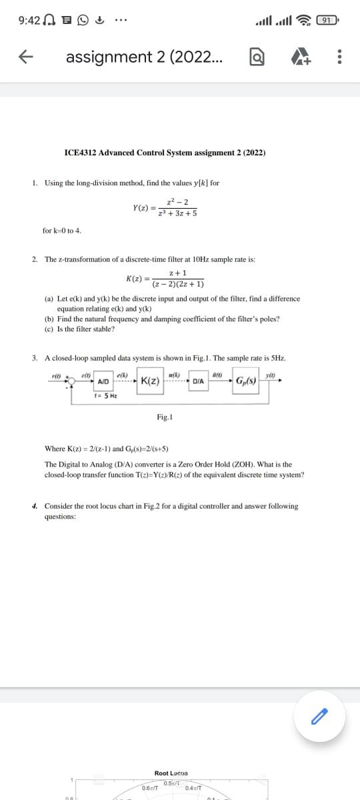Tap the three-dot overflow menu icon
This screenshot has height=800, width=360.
(x=340, y=58)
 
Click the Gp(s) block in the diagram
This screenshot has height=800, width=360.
(x=246, y=381)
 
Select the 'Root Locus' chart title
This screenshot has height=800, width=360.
(x=171, y=773)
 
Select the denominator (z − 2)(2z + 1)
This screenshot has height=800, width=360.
(x=178, y=284)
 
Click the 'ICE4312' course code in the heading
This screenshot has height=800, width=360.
(x=79, y=153)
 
